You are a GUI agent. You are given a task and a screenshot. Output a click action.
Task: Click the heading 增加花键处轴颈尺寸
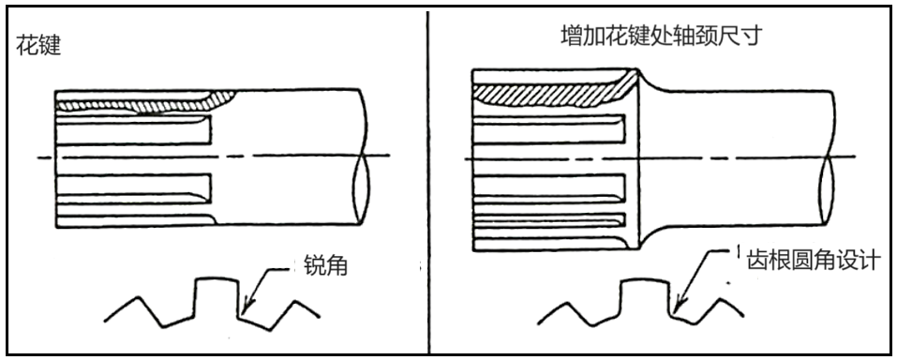click(662, 36)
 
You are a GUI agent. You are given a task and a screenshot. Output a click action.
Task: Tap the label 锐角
click(325, 266)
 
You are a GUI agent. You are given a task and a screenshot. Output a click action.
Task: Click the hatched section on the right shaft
click(555, 93)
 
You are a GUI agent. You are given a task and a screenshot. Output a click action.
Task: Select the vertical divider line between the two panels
click(428, 182)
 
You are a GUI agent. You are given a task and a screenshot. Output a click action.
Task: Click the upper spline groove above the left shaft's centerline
click(134, 129)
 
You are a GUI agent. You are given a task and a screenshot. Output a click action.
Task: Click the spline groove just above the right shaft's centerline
click(550, 128)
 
